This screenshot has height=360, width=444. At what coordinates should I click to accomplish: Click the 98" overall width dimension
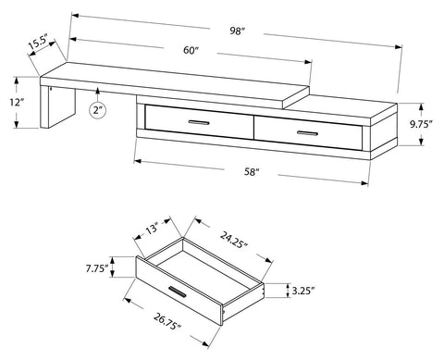pos(237,31)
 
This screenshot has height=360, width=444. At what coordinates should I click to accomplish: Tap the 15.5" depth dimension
pos(38,43)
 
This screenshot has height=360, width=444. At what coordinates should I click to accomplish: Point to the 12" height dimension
pos(17,102)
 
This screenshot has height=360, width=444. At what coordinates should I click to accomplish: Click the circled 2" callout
pos(98,110)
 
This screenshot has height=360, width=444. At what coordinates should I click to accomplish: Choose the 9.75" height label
pos(421,124)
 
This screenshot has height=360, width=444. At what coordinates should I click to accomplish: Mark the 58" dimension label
pos(252,172)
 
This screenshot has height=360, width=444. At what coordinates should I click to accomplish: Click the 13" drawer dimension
pos(153,229)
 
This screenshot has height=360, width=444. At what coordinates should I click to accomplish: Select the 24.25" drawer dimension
pos(234,240)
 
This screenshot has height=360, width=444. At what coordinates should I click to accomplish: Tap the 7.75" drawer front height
pos(97,268)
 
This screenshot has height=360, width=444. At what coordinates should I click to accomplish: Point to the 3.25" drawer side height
pos(303,291)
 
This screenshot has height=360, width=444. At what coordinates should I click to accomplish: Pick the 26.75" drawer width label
pos(166,321)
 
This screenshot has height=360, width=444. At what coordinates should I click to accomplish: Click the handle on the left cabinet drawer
pos(199,122)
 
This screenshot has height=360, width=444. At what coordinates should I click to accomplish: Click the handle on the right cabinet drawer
pos(307,133)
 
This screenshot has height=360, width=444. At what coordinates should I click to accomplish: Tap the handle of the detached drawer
pos(177,292)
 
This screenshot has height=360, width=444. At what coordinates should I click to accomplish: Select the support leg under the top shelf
pos(57,107)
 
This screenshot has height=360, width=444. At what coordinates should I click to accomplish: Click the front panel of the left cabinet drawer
pos(199,122)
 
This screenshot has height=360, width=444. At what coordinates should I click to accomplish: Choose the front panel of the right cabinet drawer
pos(308,133)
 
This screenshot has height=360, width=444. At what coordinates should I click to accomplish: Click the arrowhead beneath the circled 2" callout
pos(98,90)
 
